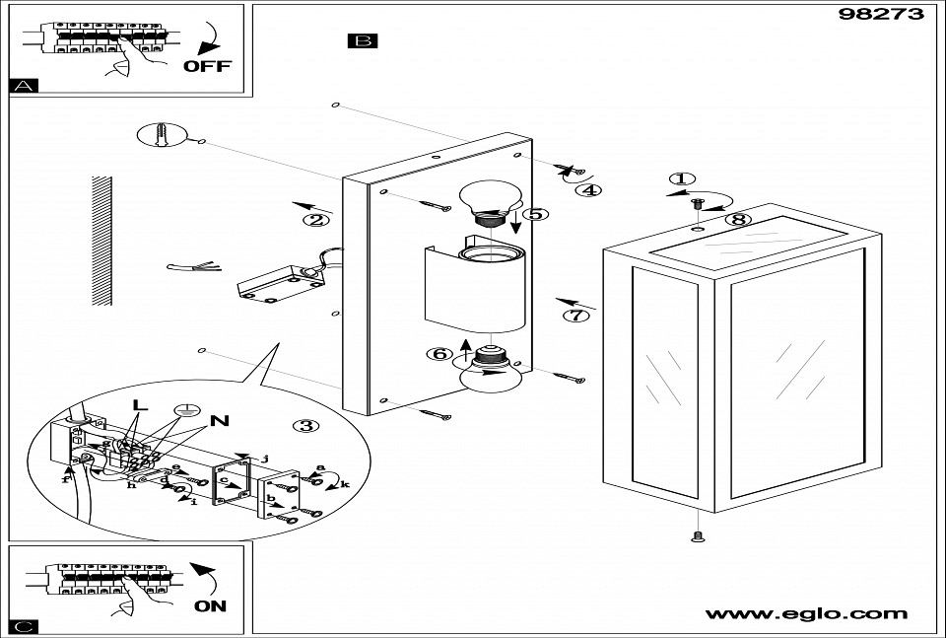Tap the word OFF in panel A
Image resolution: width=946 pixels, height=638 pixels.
tap(207, 66)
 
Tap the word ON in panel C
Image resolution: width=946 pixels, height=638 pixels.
tap(210, 605)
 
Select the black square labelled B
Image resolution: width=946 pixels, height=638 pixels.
tap(363, 41)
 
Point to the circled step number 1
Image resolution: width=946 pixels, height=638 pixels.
tap(680, 179)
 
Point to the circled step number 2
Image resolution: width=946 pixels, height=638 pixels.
tap(315, 220)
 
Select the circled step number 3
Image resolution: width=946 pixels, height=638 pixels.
tap(306, 425)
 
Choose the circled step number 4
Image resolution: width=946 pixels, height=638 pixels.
tap(588, 190)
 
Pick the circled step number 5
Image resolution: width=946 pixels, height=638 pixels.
tap(536, 213)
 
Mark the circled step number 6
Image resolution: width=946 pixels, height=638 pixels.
tap(439, 353)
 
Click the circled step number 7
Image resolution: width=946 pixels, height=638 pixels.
tap(576, 316)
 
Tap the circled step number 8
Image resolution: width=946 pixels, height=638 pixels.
tap(738, 219)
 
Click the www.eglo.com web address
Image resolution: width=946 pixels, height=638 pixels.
tap(805, 613)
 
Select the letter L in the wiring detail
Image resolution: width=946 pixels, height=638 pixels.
tap(140, 403)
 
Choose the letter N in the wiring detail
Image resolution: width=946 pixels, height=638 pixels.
tap(219, 421)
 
